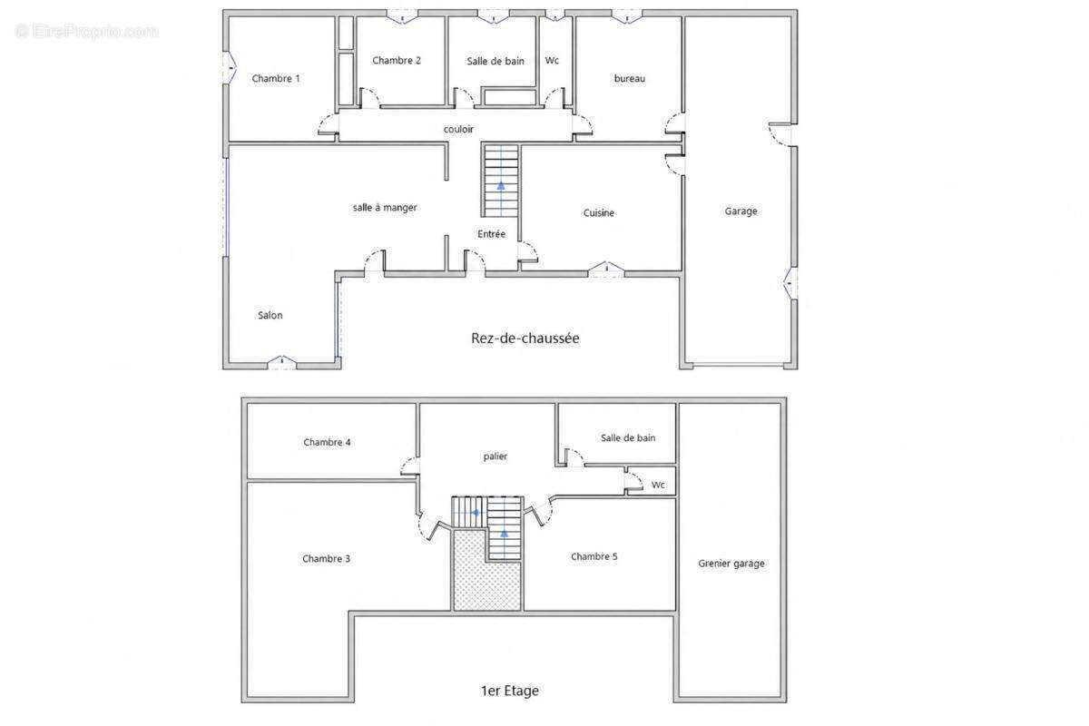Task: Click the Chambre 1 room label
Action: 276,78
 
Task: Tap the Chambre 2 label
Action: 397,60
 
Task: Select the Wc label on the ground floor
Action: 552,60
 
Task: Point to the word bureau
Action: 629,78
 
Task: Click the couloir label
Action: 458,129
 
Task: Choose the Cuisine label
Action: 598,212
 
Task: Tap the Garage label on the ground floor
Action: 741,211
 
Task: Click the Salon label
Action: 270,315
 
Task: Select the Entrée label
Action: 491,234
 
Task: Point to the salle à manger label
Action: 385,208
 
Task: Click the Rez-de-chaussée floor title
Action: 525,338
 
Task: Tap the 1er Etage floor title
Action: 509,691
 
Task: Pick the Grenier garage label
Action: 731,563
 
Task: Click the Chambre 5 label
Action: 594,556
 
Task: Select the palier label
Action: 495,456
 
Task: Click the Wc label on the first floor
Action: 658,485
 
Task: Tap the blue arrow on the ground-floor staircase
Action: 501,185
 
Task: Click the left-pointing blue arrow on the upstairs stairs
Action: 476,512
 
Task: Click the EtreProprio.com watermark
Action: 87,32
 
